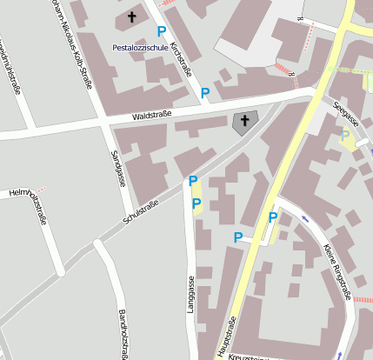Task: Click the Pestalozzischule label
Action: click(138, 46)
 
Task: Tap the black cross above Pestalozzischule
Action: click(132, 17)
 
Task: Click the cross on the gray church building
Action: click(244, 123)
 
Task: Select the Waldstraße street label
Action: click(152, 114)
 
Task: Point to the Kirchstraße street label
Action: click(182, 58)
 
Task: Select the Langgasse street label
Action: click(190, 300)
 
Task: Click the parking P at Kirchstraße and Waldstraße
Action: click(205, 92)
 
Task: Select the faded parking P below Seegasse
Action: click(345, 135)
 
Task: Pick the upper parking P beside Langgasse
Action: click(193, 181)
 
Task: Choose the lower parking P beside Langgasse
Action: click(196, 203)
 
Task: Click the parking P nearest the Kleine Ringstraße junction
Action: click(272, 217)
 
